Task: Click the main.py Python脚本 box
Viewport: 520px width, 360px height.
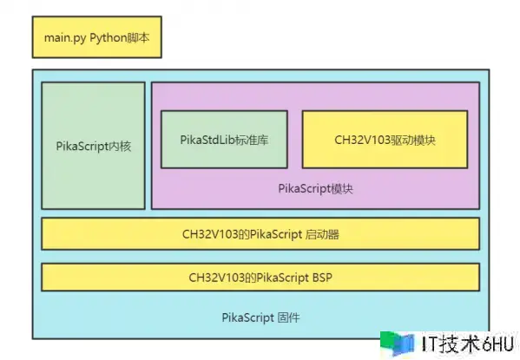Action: click(x=97, y=37)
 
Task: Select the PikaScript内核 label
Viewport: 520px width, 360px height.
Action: click(x=94, y=147)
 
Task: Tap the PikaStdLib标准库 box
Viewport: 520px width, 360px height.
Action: click(x=224, y=140)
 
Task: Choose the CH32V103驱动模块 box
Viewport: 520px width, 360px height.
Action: click(x=385, y=140)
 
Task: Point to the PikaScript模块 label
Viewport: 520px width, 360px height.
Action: click(x=315, y=188)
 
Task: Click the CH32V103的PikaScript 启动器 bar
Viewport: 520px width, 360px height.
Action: click(x=260, y=233)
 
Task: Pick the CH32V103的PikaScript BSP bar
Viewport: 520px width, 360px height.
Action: click(x=260, y=277)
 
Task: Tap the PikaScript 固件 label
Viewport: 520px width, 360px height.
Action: click(x=260, y=317)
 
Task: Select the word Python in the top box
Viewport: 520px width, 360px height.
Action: click(x=109, y=38)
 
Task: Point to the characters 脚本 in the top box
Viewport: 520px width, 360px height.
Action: click(x=138, y=37)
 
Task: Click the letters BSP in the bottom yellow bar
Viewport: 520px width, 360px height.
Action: click(x=322, y=277)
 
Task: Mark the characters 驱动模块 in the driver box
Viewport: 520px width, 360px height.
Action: click(x=413, y=140)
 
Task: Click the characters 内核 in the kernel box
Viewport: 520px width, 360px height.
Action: click(x=120, y=147)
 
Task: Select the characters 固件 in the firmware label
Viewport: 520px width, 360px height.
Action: click(x=288, y=317)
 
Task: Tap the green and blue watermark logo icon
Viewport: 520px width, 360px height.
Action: click(x=398, y=344)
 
